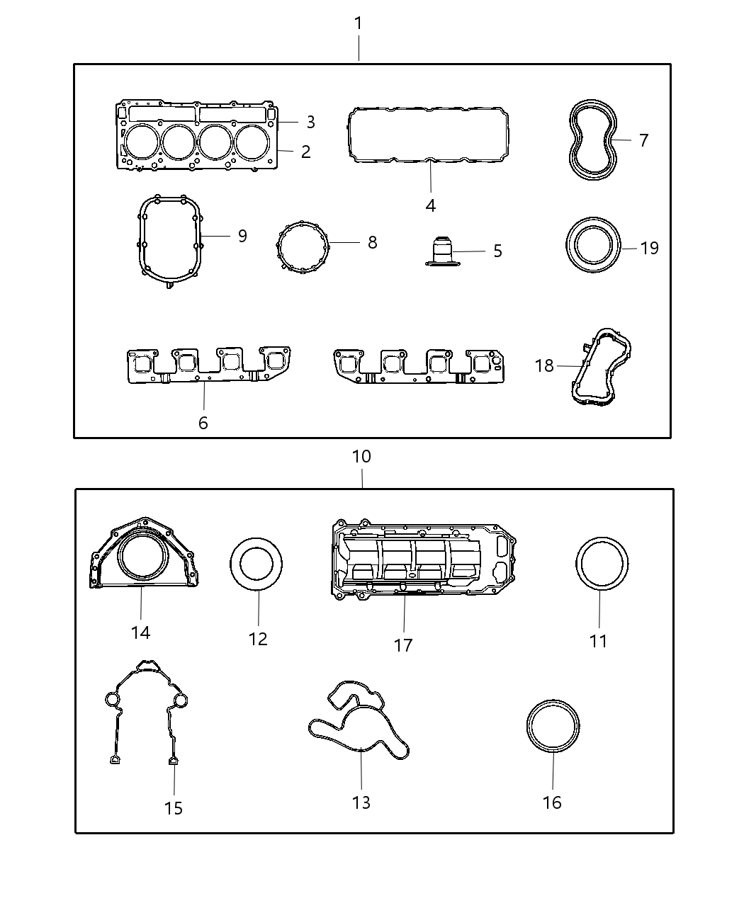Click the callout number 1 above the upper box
click(x=359, y=23)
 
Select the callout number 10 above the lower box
click(x=361, y=457)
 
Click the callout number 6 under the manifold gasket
click(x=203, y=424)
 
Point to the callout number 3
click(x=310, y=122)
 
